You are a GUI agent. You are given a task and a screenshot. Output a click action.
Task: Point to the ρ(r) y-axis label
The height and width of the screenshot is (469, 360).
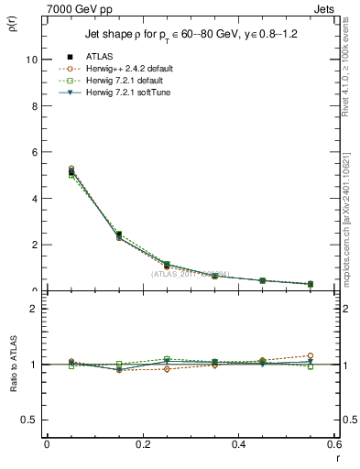(15, 24)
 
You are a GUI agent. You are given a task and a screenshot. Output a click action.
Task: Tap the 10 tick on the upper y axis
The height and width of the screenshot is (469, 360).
(33, 60)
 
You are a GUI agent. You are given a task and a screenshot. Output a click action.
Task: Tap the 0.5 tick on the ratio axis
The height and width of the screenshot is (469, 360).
(32, 420)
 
